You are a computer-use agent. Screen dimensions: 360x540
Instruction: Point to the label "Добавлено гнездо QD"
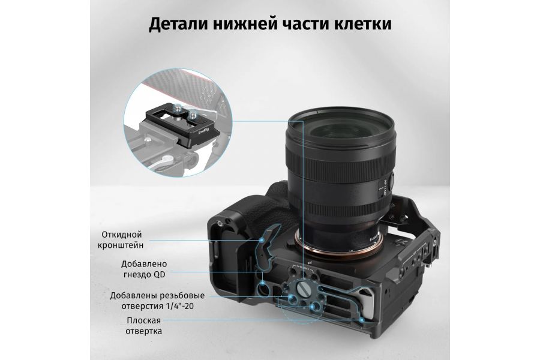pyautogui.click(x=143, y=269)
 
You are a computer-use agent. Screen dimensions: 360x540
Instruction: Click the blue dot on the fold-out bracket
pyautogui.click(x=260, y=239)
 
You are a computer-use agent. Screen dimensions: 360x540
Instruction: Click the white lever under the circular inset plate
pyautogui.click(x=171, y=161)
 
